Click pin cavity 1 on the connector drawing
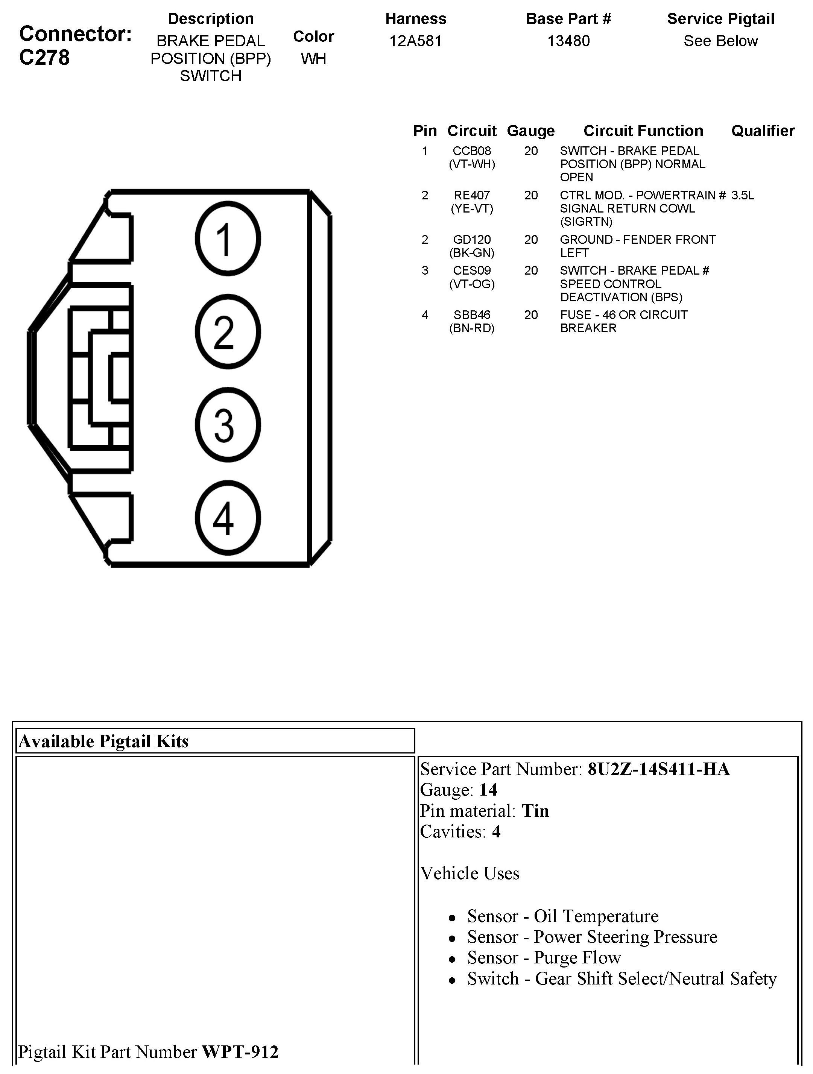(x=228, y=239)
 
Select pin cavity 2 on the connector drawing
(x=228, y=332)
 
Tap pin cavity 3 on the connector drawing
(x=228, y=425)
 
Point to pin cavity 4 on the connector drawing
(x=228, y=518)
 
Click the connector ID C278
(x=45, y=58)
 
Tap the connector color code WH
(x=313, y=59)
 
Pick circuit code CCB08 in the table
(x=471, y=151)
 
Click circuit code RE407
(x=471, y=195)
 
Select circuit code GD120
(x=471, y=239)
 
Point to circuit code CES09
(x=471, y=270)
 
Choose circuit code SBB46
(x=471, y=314)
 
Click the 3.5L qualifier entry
(x=743, y=195)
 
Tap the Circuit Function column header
(x=643, y=131)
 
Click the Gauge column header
(x=530, y=131)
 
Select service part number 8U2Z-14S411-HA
(x=658, y=769)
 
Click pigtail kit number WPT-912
(x=240, y=1052)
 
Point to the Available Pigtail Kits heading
(x=103, y=741)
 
